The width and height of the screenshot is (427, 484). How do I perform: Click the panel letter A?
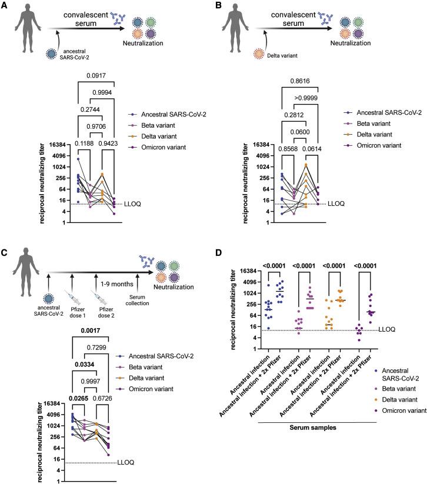click(x=5, y=6)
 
